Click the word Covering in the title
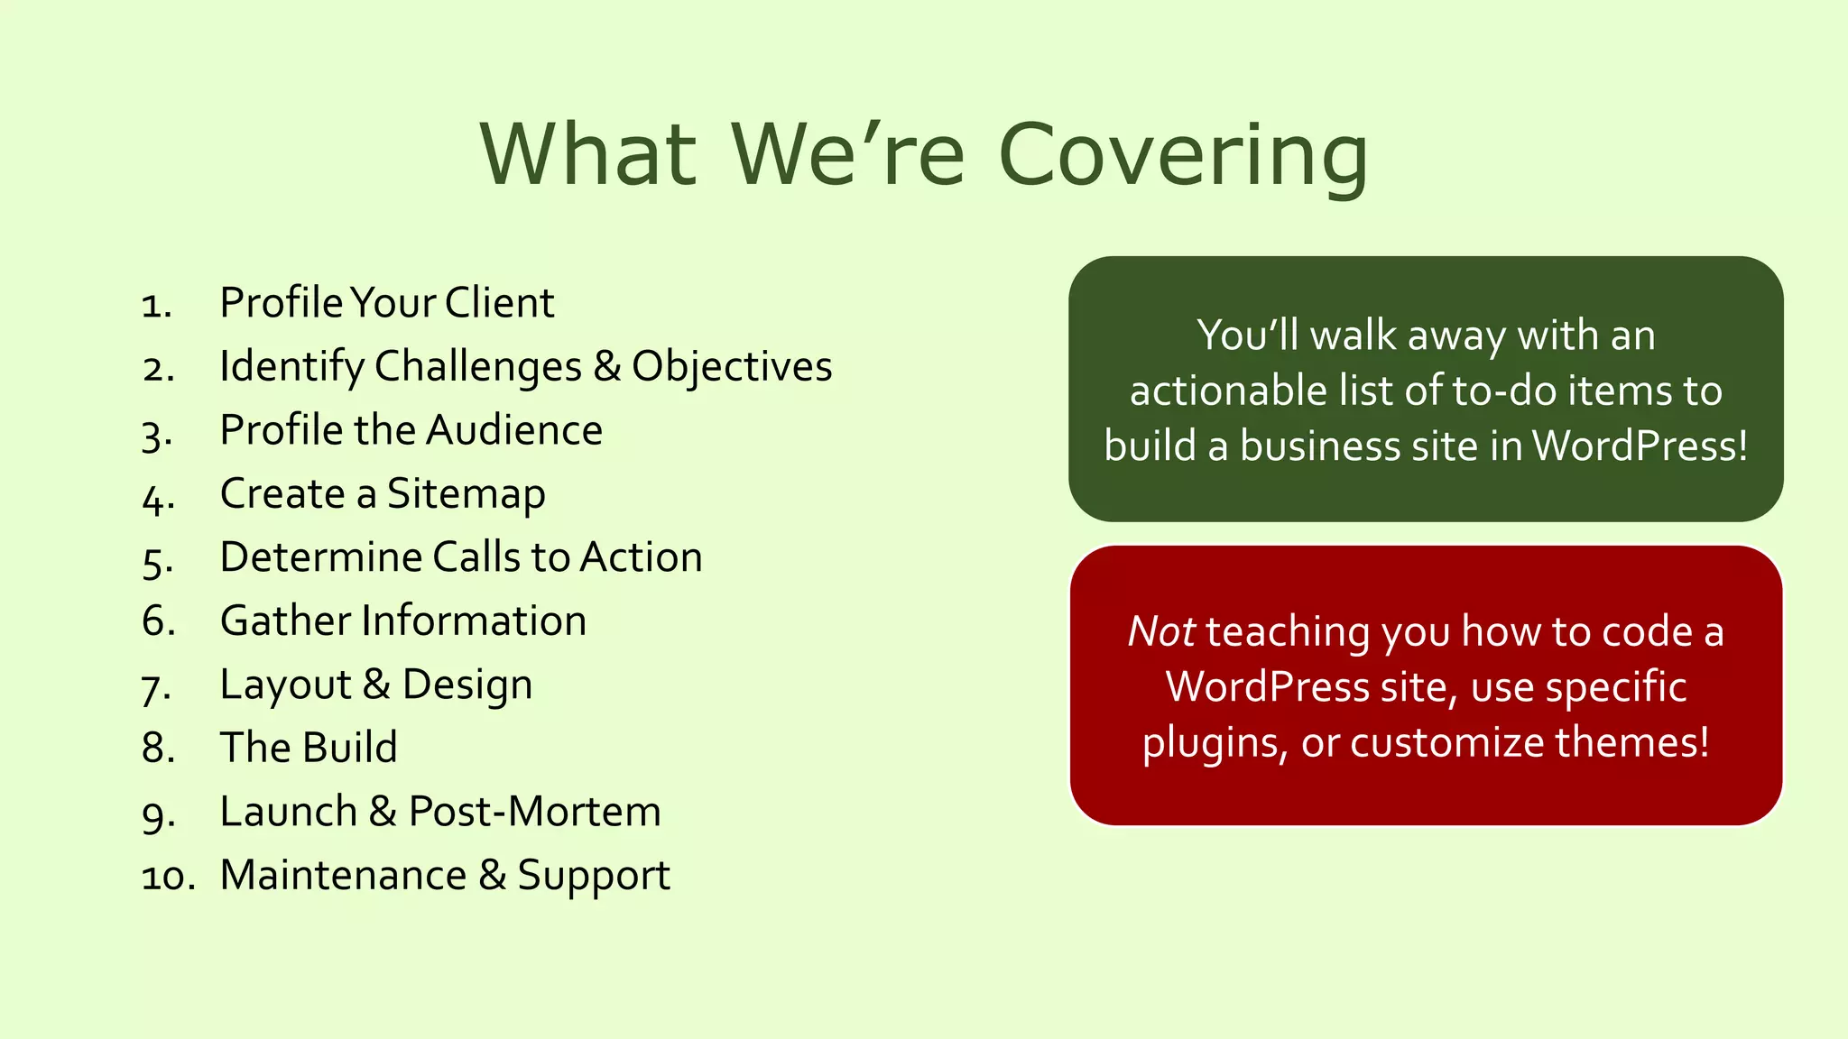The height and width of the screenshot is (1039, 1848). click(x=1183, y=155)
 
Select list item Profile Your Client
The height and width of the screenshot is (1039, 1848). click(x=386, y=303)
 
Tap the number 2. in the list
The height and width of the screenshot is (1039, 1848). click(x=158, y=369)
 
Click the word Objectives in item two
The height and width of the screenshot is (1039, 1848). click(x=731, y=367)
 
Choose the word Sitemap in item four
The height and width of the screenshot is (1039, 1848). click(x=466, y=494)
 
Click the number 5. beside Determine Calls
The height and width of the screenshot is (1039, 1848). click(x=158, y=561)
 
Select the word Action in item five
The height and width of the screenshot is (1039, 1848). click(x=641, y=557)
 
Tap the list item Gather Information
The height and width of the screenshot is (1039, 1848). click(x=402, y=621)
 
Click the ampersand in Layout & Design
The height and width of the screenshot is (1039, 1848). click(x=376, y=685)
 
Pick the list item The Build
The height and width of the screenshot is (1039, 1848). click(x=308, y=748)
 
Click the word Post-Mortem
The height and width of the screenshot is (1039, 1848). click(x=534, y=812)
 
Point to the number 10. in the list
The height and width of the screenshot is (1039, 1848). click(x=169, y=877)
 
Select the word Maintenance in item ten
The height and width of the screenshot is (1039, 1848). click(x=343, y=876)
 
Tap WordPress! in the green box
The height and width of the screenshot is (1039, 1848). click(x=1640, y=446)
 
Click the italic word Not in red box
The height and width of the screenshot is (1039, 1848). click(x=1161, y=631)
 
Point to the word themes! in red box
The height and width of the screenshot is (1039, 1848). click(x=1631, y=742)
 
